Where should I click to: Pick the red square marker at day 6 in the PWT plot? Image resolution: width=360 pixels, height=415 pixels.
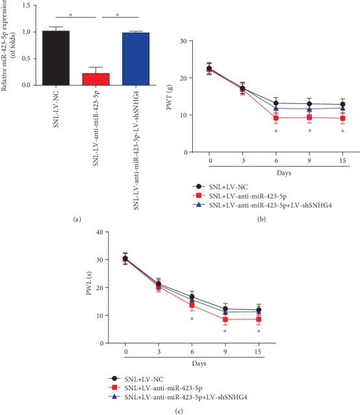(x=276, y=118)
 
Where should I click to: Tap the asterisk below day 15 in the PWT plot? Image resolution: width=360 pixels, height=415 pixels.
(x=342, y=132)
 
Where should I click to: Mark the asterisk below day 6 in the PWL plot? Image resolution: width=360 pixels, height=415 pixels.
(x=192, y=319)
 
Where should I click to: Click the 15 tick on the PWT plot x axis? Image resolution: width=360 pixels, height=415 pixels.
(x=342, y=160)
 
